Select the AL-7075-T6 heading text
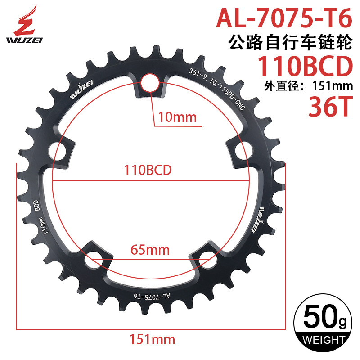(x=283, y=18)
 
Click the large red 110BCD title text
(x=304, y=67)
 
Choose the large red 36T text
(x=328, y=107)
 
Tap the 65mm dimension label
(x=150, y=249)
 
